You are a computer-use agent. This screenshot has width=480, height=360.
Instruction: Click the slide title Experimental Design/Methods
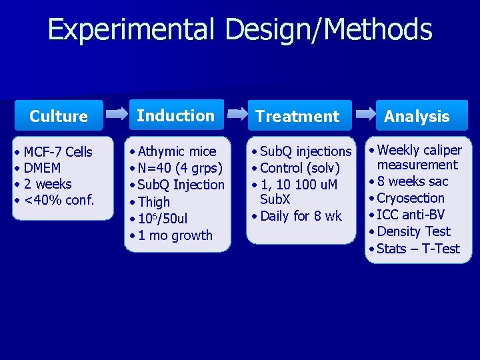click(240, 31)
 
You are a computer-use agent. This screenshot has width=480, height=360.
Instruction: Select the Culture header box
click(59, 116)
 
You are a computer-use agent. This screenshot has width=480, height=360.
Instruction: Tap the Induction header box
click(176, 115)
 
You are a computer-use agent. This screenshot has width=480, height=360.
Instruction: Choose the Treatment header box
click(297, 116)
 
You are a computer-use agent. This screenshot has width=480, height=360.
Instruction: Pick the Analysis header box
click(417, 116)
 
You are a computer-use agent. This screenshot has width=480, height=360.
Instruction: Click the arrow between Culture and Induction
click(117, 115)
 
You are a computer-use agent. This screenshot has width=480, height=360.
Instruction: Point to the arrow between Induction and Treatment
click(238, 115)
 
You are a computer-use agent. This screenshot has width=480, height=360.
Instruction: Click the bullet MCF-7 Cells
click(58, 152)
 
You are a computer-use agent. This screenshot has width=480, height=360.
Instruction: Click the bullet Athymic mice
click(177, 151)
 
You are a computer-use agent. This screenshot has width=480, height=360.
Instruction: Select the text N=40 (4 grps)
click(180, 168)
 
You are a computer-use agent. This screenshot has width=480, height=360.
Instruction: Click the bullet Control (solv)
click(300, 168)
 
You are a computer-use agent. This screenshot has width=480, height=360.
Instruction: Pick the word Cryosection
click(411, 198)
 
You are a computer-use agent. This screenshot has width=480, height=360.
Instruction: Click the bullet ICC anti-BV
click(411, 215)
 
